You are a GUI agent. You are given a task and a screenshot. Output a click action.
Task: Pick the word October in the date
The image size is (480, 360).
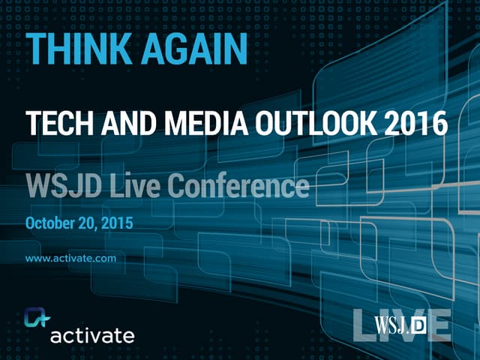click(53, 223)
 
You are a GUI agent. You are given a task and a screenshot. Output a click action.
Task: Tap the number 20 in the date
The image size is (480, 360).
click(96, 223)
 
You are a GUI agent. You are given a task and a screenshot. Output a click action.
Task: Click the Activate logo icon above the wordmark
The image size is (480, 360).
click(36, 318)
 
